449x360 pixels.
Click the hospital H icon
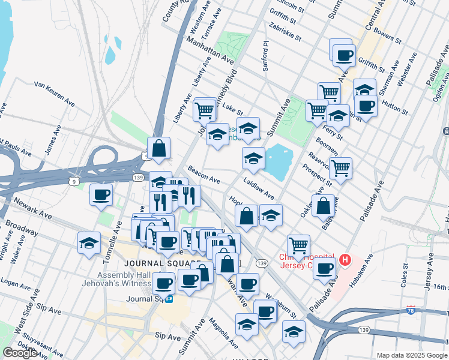tap(345, 260)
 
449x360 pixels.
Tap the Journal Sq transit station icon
tap(170, 298)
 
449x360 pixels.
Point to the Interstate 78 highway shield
tap(410, 310)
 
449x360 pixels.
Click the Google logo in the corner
tap(20, 353)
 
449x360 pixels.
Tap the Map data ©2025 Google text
tap(412, 355)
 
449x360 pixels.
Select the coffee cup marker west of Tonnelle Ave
tap(100, 195)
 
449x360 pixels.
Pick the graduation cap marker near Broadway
tap(89, 244)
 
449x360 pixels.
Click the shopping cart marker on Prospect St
tap(340, 167)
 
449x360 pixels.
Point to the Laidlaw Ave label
tap(259, 188)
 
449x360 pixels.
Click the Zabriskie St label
tap(285, 29)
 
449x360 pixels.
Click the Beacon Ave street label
tap(203, 175)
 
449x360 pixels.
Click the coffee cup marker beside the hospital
tap(325, 269)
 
